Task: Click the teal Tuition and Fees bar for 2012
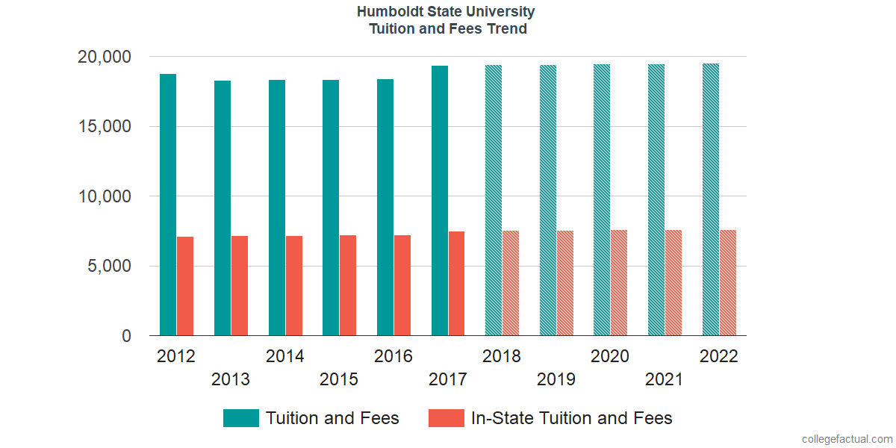(x=168, y=205)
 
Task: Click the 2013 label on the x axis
(x=231, y=379)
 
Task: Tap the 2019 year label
(x=556, y=379)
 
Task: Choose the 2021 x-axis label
(x=665, y=379)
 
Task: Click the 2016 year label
(x=393, y=356)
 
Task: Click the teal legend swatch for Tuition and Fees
(x=241, y=418)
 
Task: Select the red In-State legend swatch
(x=447, y=418)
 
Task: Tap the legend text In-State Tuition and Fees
(x=572, y=418)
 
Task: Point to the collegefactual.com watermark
(x=847, y=439)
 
